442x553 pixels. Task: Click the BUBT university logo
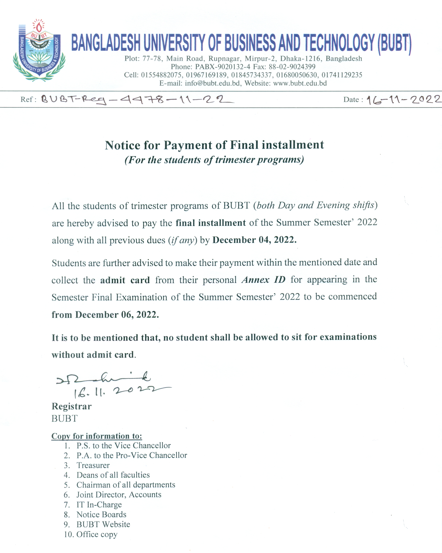click(39, 51)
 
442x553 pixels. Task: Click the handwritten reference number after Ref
click(137, 99)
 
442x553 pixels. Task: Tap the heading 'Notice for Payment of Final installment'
click(214, 145)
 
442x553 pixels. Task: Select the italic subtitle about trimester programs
click(214, 160)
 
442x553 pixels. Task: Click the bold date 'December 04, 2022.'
click(254, 240)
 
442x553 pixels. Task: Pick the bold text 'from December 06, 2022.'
click(105, 315)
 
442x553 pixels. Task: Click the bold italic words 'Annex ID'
click(263, 280)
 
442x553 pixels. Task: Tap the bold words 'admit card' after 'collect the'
click(125, 280)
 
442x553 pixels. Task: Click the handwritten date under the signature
click(121, 391)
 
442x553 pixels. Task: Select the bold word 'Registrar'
click(71, 406)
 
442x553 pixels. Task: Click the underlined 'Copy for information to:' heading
click(97, 436)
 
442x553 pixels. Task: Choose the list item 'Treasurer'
click(93, 465)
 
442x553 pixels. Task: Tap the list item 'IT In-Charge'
click(99, 504)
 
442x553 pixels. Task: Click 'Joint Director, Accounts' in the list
click(119, 494)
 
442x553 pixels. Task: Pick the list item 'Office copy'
click(97, 534)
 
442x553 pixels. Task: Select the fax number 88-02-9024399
click(292, 67)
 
